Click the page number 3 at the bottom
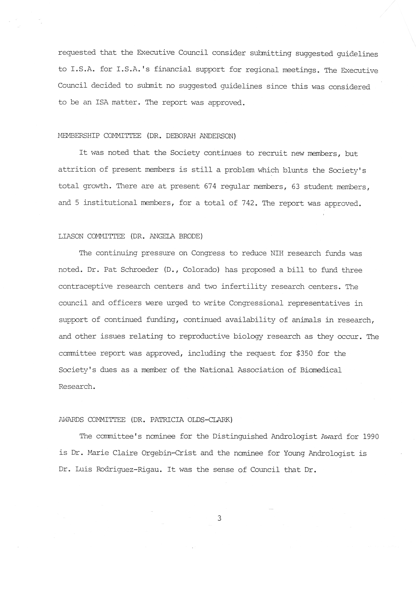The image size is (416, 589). [219, 518]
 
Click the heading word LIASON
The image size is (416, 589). [71, 236]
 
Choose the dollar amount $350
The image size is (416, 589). [304, 354]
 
